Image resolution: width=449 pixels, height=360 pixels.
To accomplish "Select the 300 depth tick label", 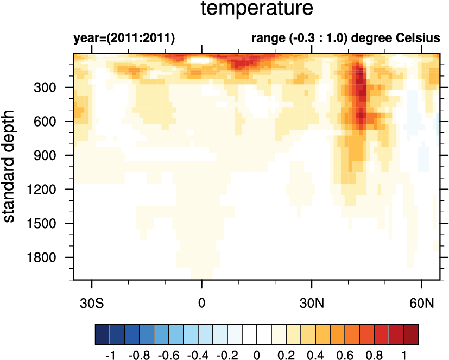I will (x=46, y=87).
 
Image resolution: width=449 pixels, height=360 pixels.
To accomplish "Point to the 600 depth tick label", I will (x=46, y=122).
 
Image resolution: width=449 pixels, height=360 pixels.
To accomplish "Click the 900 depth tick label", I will (x=46, y=155).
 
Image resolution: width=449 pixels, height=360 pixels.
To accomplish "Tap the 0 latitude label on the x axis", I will (x=202, y=301).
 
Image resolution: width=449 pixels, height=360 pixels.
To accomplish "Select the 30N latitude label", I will (x=312, y=301).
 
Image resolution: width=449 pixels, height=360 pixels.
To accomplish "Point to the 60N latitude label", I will (x=422, y=301).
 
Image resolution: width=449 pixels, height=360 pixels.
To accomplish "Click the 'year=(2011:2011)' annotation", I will (x=124, y=39).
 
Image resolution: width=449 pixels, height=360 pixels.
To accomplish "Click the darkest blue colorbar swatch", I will (x=102, y=332).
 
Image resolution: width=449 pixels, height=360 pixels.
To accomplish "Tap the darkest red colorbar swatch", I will (x=411, y=332).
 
